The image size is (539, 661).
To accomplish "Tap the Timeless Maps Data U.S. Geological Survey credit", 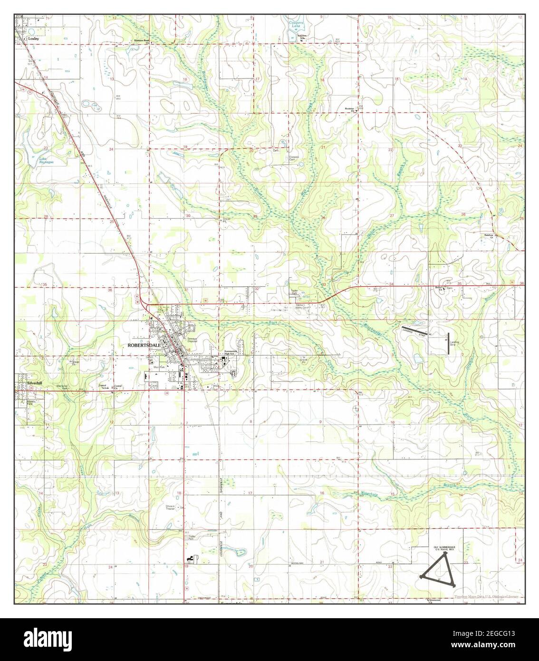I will point(488,597).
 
